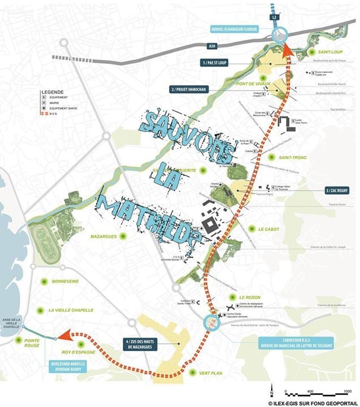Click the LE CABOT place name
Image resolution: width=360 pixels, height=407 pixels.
269,229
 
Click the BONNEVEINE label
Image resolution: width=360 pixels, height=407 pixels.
63,281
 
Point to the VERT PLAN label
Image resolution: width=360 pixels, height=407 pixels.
212,373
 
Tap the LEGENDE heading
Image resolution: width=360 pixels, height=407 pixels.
52,92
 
